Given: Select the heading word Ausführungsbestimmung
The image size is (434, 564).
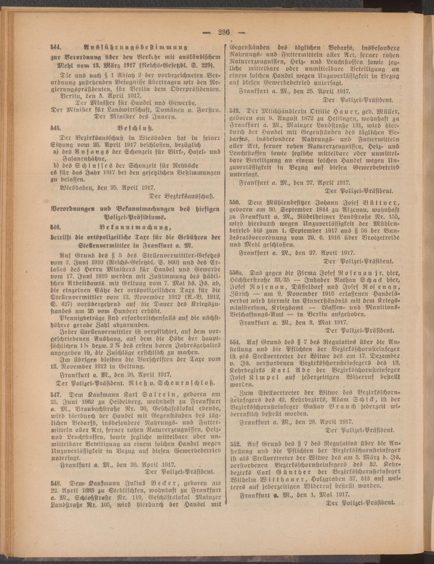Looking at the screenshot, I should click(135, 47).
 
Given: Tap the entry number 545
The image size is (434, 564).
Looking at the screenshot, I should click(55, 129).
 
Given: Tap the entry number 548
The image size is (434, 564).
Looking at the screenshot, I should click(55, 482).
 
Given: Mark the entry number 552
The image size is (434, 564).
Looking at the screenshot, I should click(235, 444).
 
